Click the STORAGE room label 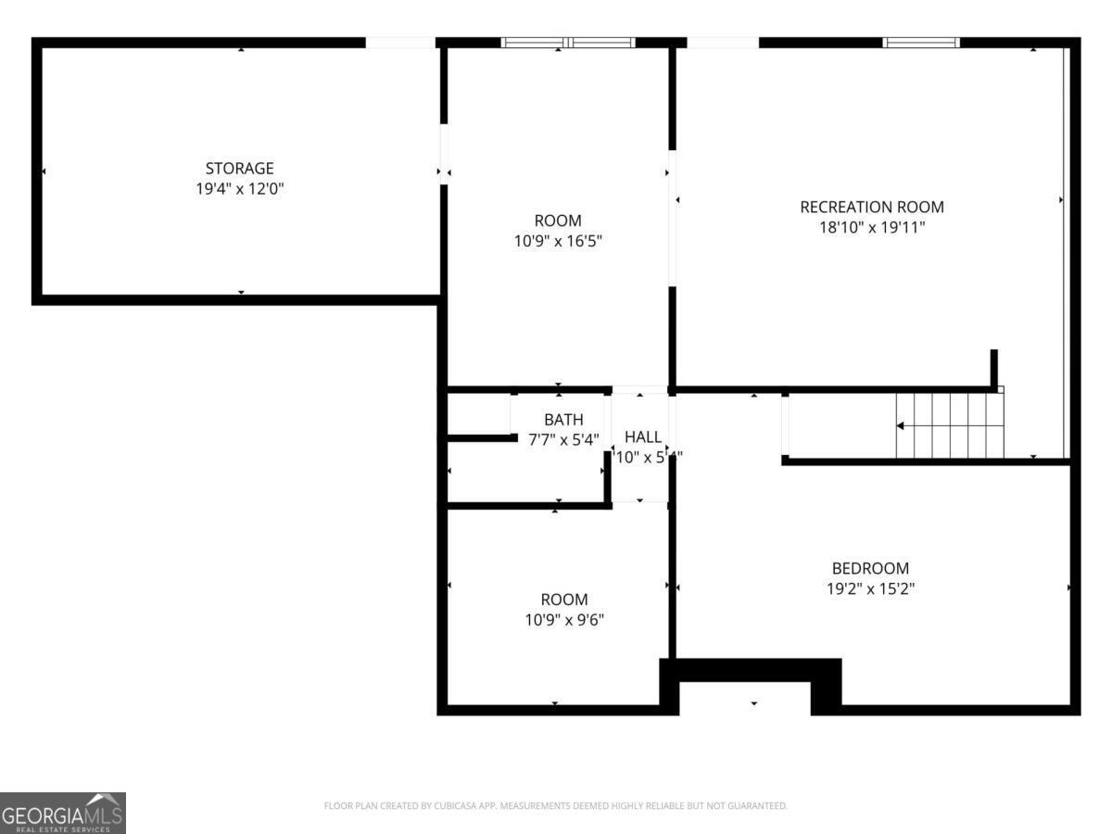pyautogui.click(x=239, y=169)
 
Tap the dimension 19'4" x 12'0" pyautogui.click(x=239, y=188)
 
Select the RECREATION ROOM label pyautogui.click(x=872, y=207)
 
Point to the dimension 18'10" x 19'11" pyautogui.click(x=872, y=226)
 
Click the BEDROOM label pyautogui.click(x=870, y=568)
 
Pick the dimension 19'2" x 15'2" pyautogui.click(x=870, y=588)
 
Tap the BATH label pyautogui.click(x=563, y=420)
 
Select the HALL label pyautogui.click(x=643, y=436)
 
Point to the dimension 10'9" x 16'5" pyautogui.click(x=558, y=241)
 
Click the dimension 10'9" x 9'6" pyautogui.click(x=564, y=619)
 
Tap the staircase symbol pyautogui.click(x=950, y=425)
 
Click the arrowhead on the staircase pyautogui.click(x=900, y=426)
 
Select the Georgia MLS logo pyautogui.click(x=62, y=813)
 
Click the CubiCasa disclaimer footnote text pyautogui.click(x=556, y=806)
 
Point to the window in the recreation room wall pyautogui.click(x=920, y=43)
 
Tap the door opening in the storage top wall pyautogui.click(x=400, y=43)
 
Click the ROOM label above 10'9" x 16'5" pyautogui.click(x=558, y=221)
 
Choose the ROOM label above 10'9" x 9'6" pyautogui.click(x=564, y=600)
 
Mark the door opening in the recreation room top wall pyautogui.click(x=723, y=43)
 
